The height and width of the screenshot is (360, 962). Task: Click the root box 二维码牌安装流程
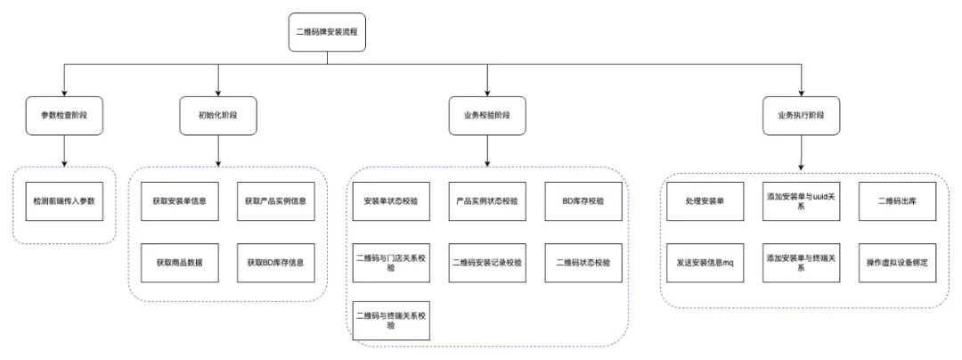[327, 32]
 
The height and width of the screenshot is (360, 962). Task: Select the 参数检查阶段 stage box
[64, 115]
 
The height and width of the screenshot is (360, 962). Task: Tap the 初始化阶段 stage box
[218, 115]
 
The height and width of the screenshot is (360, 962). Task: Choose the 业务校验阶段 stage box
[487, 115]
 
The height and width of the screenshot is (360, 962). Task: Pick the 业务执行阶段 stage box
[802, 115]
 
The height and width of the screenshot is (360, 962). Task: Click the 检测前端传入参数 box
[64, 201]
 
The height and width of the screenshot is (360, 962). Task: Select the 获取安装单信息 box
[179, 201]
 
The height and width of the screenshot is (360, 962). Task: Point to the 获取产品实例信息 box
[275, 201]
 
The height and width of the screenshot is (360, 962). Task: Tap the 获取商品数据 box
[179, 263]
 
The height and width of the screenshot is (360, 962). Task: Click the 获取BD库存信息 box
[275, 263]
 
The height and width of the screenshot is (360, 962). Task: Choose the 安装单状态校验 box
[391, 201]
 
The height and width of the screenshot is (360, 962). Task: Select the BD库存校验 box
[583, 201]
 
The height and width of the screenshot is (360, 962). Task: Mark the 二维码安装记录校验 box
[487, 263]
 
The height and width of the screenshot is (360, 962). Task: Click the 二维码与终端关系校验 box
[391, 321]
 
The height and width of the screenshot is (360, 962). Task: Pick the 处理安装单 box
[705, 201]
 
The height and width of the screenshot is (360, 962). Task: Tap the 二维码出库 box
[898, 201]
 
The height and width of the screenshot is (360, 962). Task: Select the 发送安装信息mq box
[705, 263]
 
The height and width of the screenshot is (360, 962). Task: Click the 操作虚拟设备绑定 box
[898, 263]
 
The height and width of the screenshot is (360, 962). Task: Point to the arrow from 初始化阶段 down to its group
[218, 151]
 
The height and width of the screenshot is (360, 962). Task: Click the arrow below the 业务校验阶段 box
[487, 151]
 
